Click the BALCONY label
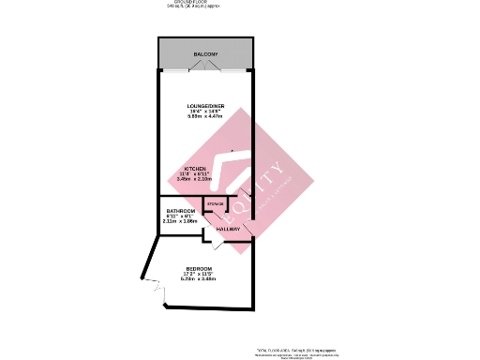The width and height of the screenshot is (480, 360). tap(206, 55)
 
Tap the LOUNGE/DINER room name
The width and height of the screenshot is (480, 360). tap(206, 106)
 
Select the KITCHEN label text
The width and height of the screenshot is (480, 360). tap(195, 169)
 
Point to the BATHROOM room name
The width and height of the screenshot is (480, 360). tap(181, 211)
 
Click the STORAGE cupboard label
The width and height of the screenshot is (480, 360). tap(216, 203)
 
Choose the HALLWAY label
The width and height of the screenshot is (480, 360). tap(228, 228)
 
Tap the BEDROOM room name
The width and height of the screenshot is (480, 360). tap(199, 269)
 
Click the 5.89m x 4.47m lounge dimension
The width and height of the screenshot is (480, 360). tap(206, 117)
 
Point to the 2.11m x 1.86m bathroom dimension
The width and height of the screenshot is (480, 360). tap(181, 221)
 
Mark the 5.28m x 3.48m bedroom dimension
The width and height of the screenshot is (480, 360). tap(199, 279)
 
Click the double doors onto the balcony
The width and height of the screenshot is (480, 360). tap(206, 72)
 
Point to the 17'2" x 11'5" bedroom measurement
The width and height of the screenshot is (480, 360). tap(199, 274)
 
